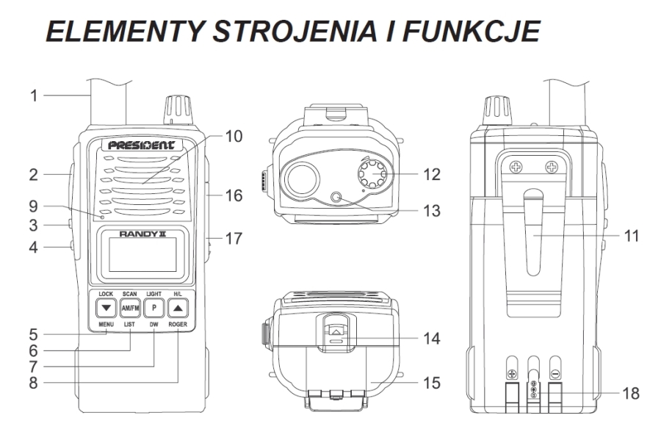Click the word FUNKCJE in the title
(472, 31)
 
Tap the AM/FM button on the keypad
(130, 308)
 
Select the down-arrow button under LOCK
(106, 308)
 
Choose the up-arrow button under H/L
(178, 308)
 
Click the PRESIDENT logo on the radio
(142, 145)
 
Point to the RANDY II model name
(142, 234)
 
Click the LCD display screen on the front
(142, 254)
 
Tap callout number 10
(234, 136)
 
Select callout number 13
(432, 211)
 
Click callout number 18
(631, 394)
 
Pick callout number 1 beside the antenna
(34, 96)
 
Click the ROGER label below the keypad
(178, 325)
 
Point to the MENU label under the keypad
(106, 325)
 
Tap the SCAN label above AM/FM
(130, 294)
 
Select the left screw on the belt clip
(516, 167)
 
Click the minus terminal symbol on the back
(556, 374)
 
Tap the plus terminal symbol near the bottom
(512, 374)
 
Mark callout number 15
(432, 383)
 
